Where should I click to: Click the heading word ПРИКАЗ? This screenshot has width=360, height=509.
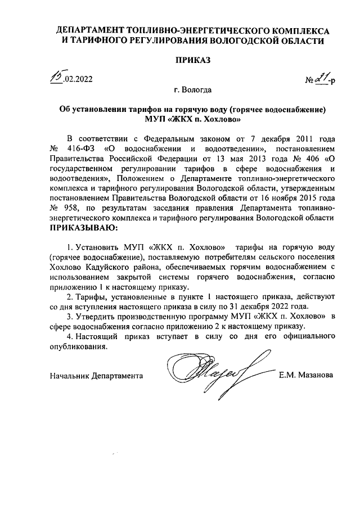[x=192, y=60]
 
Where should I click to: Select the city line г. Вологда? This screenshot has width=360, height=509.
[x=193, y=90]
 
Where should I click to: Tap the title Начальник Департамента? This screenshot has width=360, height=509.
[x=96, y=375]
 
